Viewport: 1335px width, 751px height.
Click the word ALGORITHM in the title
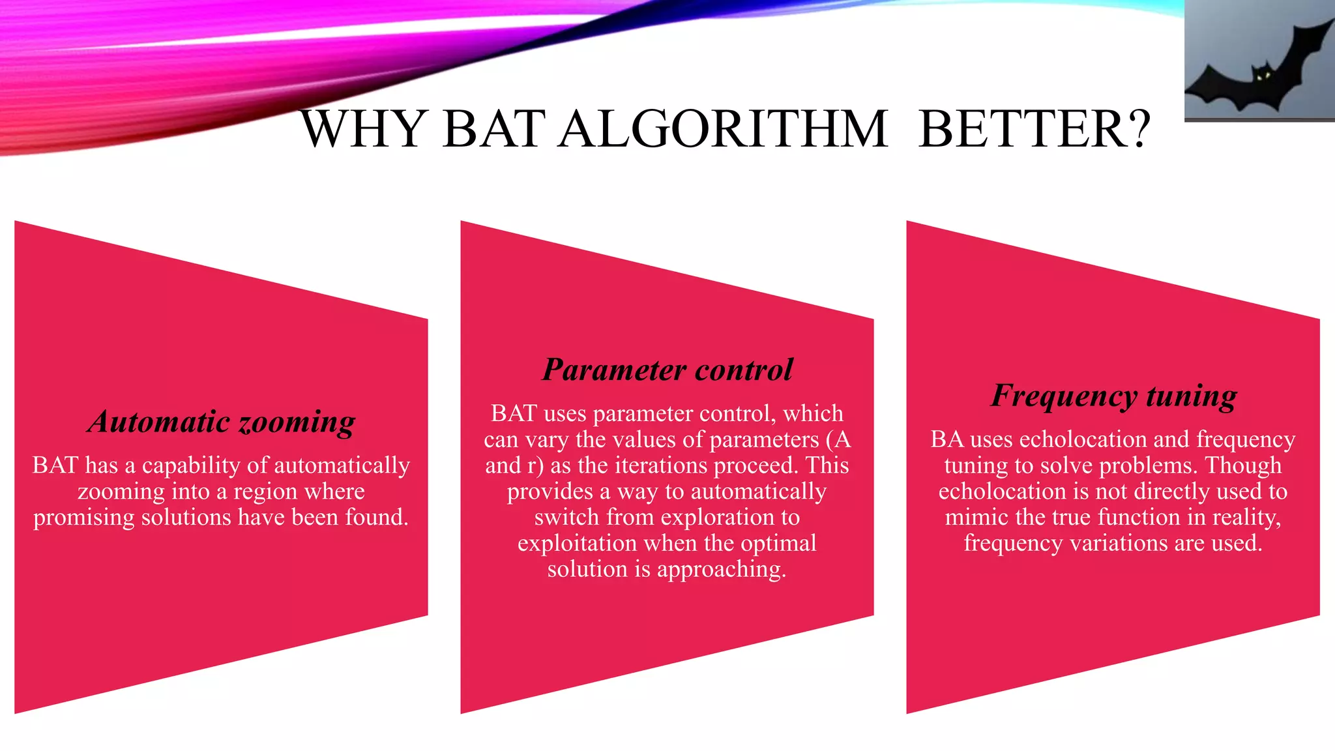tap(724, 129)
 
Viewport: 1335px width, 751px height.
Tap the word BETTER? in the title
tap(1034, 129)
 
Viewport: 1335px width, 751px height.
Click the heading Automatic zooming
tap(222, 422)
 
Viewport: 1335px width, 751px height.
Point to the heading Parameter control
tap(667, 370)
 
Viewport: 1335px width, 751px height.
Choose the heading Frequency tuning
tap(1113, 396)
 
